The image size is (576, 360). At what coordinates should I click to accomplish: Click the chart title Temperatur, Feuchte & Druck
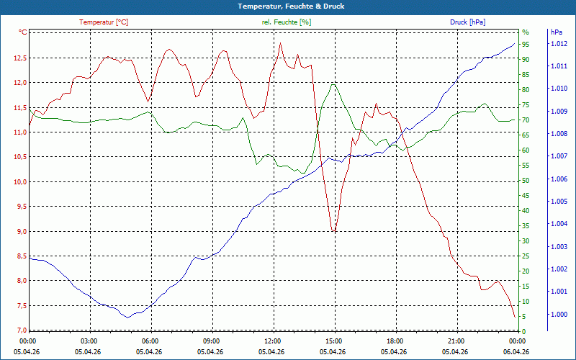[x=287, y=6]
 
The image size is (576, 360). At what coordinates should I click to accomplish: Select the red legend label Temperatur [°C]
[x=104, y=22]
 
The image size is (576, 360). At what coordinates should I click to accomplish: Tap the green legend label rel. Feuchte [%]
[x=287, y=22]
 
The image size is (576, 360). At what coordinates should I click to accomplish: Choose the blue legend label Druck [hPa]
[x=467, y=22]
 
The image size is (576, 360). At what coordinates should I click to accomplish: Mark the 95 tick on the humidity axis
[x=526, y=44]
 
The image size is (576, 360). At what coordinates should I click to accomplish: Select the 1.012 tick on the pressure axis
[x=559, y=44]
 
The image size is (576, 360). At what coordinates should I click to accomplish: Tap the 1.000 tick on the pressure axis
[x=559, y=315]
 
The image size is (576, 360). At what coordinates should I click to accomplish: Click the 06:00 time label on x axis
[x=150, y=341]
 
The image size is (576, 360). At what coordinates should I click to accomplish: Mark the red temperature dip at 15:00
[x=333, y=230]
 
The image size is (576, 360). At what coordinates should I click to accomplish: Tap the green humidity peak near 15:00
[x=333, y=84]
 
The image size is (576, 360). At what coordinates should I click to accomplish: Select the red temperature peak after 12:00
[x=281, y=43]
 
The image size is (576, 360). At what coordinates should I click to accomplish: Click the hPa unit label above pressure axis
[x=556, y=32]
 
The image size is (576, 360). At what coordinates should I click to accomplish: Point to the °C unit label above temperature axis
[x=23, y=32]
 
